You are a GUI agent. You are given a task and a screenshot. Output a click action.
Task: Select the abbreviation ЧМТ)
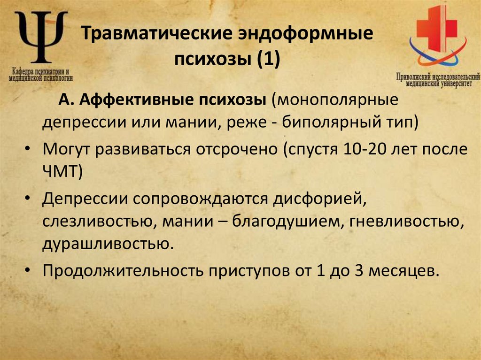point(63,172)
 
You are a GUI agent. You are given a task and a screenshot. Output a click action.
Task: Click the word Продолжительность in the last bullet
point(122,271)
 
